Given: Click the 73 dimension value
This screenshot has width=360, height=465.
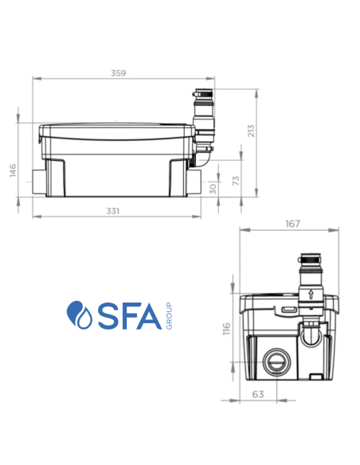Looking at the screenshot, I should coord(234,182).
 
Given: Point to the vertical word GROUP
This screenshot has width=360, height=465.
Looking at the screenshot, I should coord(170,315).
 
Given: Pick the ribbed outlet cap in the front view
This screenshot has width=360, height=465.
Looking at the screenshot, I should coord(307,262).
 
